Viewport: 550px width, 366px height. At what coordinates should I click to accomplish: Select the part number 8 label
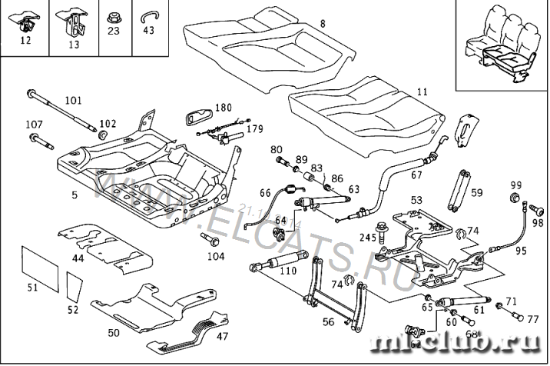(x=323, y=24)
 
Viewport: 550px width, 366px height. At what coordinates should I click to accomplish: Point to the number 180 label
(x=223, y=108)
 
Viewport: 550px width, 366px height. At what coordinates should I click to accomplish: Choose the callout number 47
(x=222, y=337)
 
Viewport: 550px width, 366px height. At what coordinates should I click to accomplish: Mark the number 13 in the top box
(x=74, y=45)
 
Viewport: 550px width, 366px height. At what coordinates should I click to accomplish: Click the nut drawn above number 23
(x=114, y=15)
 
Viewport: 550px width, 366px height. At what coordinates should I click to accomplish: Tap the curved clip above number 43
(x=148, y=15)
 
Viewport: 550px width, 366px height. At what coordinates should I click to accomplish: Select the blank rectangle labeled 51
(x=38, y=265)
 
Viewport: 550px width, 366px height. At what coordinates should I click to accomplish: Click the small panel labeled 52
(x=74, y=288)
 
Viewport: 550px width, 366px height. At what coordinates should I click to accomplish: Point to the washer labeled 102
(x=101, y=135)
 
